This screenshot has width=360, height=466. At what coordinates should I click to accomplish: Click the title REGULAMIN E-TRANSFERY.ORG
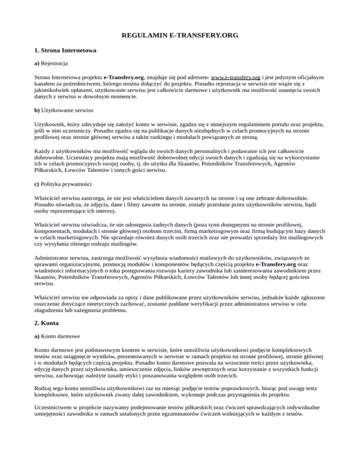pos(180,35)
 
